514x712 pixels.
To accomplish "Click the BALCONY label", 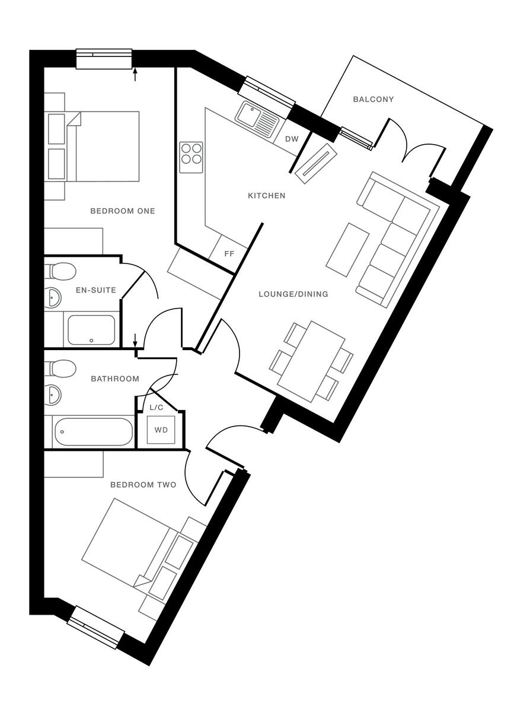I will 373,99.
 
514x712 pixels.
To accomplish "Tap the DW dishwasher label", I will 292,139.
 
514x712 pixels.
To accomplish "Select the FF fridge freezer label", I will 229,253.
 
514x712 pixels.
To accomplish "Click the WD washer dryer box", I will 161,430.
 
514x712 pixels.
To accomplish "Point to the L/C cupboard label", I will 157,408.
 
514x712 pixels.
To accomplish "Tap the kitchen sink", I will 257,116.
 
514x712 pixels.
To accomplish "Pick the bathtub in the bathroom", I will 94,433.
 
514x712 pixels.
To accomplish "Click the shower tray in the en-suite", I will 91,330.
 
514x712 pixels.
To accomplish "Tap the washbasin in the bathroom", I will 53,394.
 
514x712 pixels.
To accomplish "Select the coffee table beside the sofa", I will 347,249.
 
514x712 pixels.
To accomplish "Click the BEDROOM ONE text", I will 122,211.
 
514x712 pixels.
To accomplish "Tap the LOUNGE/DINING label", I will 293,294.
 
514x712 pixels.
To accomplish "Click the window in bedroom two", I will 96,627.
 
